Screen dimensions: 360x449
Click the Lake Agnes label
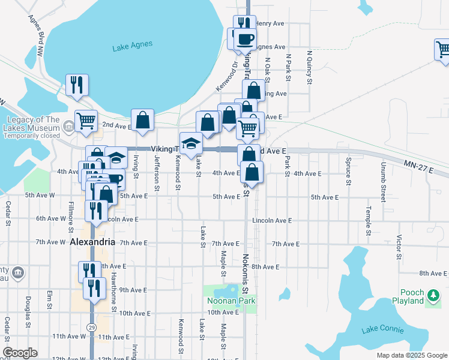click(132, 45)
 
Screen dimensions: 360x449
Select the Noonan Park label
click(232, 301)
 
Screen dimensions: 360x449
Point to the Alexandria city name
click(92, 242)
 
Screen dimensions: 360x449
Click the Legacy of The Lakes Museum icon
click(68, 127)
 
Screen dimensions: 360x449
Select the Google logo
click(20, 353)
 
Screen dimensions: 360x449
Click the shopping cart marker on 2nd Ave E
click(86, 121)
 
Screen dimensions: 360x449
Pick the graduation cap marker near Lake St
click(191, 144)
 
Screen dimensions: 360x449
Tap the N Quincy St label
click(310, 67)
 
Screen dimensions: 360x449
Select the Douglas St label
click(28, 308)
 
